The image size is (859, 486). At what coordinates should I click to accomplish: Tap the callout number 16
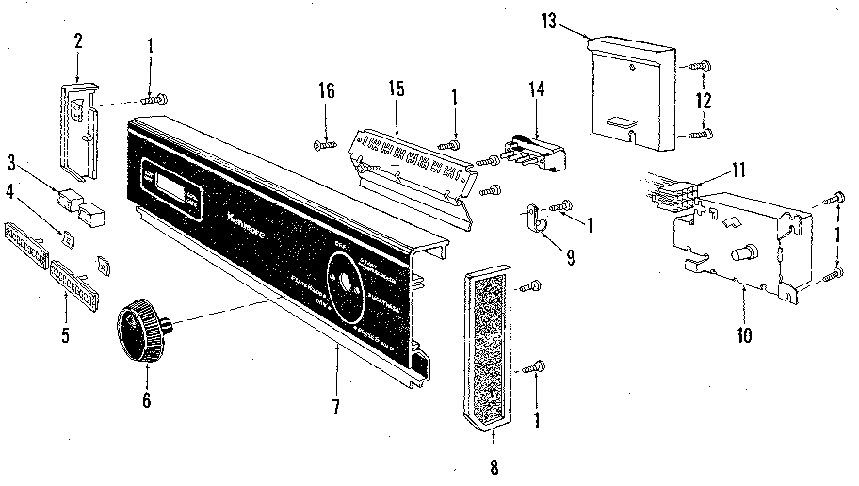tap(326, 90)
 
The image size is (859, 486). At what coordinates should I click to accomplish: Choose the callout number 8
tap(494, 466)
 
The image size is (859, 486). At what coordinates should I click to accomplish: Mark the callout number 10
tap(743, 333)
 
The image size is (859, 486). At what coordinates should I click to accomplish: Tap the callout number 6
tap(146, 399)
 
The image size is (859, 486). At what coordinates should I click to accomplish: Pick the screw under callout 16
tap(326, 144)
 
